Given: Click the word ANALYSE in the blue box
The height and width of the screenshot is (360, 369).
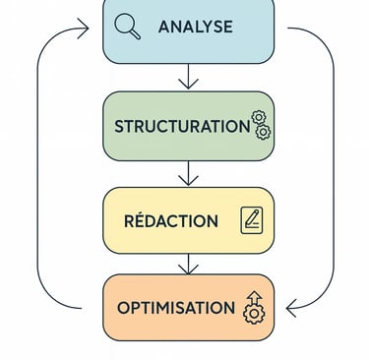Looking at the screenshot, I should pyautogui.click(x=195, y=27).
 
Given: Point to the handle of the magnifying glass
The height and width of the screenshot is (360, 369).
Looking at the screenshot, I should pyautogui.click(x=136, y=34).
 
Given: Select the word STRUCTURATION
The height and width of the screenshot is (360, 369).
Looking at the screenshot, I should pyautogui.click(x=181, y=126).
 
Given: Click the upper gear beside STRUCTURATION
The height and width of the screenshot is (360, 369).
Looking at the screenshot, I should pyautogui.click(x=259, y=118).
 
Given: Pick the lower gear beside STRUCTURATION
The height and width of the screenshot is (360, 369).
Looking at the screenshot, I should pyautogui.click(x=262, y=132).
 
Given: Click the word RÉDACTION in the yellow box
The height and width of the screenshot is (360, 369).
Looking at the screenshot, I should pyautogui.click(x=171, y=220).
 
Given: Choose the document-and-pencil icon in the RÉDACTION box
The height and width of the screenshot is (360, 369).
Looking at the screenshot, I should pyautogui.click(x=252, y=219).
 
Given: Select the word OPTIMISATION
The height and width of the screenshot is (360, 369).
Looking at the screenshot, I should pyautogui.click(x=175, y=308).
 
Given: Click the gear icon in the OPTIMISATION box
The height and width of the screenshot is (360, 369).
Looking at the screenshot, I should pyautogui.click(x=254, y=314).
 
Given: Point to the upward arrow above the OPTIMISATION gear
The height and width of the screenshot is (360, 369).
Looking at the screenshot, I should pyautogui.click(x=254, y=297).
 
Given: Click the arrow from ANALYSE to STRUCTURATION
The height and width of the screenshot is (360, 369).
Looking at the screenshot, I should pyautogui.click(x=189, y=77).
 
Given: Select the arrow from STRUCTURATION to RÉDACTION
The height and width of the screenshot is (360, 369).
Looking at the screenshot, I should pyautogui.click(x=189, y=173).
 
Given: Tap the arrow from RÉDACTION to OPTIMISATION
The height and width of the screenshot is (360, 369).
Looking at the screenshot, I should pyautogui.click(x=189, y=263).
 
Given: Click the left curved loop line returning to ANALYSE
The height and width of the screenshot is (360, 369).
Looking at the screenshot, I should pyautogui.click(x=38, y=167).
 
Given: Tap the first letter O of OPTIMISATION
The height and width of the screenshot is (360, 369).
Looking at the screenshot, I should pyautogui.click(x=123, y=308).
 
